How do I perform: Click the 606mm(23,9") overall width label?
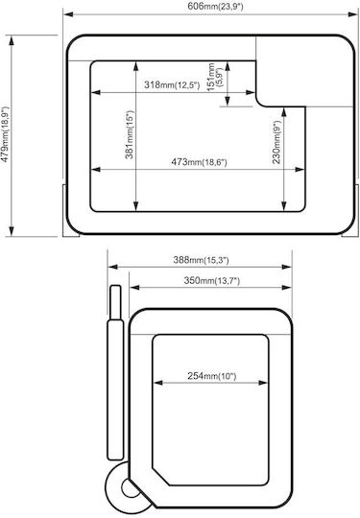click(x=215, y=7)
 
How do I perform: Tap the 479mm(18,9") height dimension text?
click(x=6, y=134)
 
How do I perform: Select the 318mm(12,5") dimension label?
click(x=172, y=85)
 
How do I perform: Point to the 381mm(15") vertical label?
click(x=130, y=134)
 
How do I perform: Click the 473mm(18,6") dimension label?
click(x=199, y=162)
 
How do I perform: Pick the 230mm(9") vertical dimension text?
click(x=276, y=141)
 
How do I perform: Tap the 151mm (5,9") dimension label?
click(x=214, y=77)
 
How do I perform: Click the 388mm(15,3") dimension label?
click(x=201, y=260)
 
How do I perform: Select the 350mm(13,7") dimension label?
click(x=211, y=281)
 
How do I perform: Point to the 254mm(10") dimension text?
click(x=212, y=376)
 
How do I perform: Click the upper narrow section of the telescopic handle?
click(x=115, y=302)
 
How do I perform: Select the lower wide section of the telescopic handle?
click(x=115, y=389)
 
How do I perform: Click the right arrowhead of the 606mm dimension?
click(x=353, y=14)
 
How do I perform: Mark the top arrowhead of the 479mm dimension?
click(x=12, y=40)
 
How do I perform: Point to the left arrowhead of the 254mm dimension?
click(x=158, y=383)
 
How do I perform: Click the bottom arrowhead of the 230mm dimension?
click(x=283, y=206)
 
